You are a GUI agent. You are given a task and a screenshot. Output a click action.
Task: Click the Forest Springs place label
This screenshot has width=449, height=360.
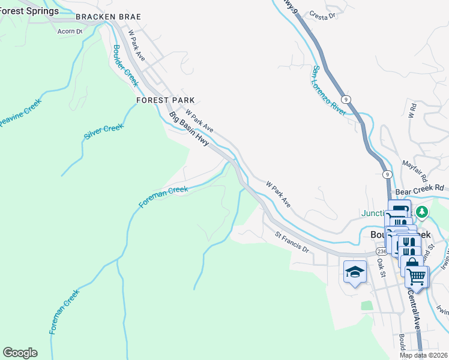tap(29, 11)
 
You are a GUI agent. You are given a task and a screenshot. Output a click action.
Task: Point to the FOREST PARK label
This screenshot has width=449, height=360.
tap(165, 100)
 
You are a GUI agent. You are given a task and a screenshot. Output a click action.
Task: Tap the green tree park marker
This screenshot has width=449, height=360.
tap(422, 212)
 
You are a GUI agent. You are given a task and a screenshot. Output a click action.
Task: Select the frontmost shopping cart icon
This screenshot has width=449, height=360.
tap(416, 277)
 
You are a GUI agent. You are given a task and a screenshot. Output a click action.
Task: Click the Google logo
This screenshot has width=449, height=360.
tap(20, 353)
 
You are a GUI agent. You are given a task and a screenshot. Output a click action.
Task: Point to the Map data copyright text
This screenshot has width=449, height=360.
tap(423, 355)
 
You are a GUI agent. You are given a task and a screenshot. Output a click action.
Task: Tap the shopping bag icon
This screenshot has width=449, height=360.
tap(412, 262)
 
